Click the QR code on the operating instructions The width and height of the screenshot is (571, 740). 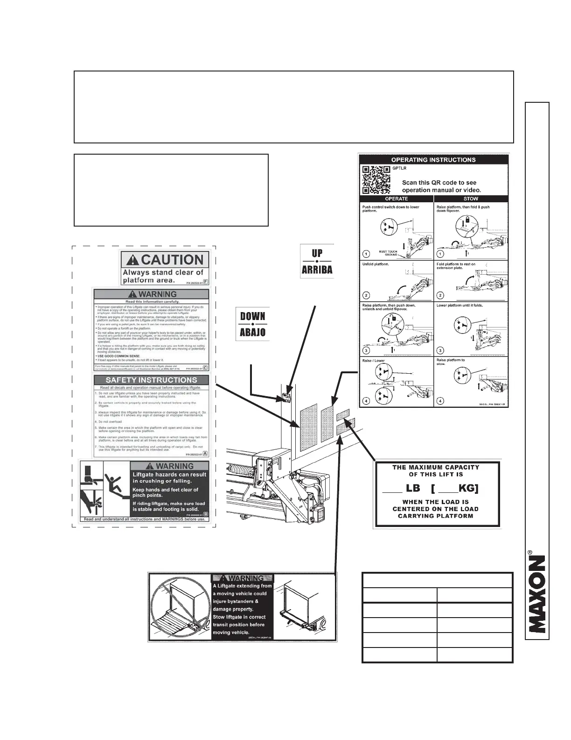(377, 180)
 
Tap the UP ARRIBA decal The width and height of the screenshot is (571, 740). (317, 261)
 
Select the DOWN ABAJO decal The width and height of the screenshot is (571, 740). (252, 324)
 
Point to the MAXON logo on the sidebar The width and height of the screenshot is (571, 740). (536, 593)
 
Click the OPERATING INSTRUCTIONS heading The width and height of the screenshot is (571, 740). (433, 160)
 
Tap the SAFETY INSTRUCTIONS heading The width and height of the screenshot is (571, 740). (152, 380)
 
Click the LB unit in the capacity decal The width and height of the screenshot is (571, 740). (413, 488)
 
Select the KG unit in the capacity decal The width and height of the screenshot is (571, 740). (468, 488)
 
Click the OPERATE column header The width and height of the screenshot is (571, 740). (397, 199)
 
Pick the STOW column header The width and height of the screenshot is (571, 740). (471, 199)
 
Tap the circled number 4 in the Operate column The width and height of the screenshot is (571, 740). (367, 401)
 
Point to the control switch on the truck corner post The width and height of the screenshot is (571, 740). (286, 398)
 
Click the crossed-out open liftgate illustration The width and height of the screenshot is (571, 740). (180, 606)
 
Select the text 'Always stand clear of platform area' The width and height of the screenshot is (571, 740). (163, 276)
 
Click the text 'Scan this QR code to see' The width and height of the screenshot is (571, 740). (439, 183)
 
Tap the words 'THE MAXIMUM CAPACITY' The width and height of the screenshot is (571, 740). (436, 467)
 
